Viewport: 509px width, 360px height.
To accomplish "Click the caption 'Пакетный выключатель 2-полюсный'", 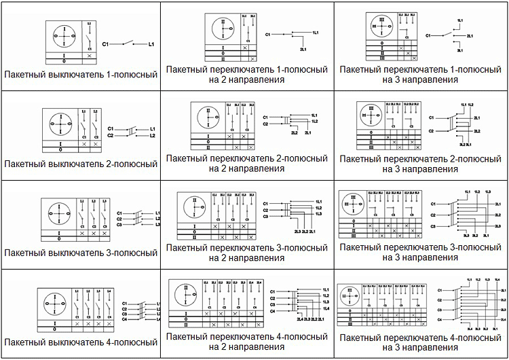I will (x=81, y=164).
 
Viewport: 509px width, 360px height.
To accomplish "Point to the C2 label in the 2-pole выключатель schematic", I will (x=111, y=136).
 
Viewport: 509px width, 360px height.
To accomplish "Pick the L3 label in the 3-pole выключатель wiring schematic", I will (x=157, y=224).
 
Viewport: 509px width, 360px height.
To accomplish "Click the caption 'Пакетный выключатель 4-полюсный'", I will (x=81, y=342).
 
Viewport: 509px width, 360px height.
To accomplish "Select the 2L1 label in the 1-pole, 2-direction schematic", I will (x=303, y=50).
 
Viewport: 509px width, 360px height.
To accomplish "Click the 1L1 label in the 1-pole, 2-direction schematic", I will (x=316, y=33).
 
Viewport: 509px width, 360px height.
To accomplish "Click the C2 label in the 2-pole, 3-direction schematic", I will (x=430, y=130).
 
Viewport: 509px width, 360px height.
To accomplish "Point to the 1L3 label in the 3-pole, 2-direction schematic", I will (x=318, y=214).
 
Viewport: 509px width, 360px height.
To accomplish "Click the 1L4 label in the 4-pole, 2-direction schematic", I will (x=317, y=309).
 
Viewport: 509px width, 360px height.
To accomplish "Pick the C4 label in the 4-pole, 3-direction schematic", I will (x=439, y=319).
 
